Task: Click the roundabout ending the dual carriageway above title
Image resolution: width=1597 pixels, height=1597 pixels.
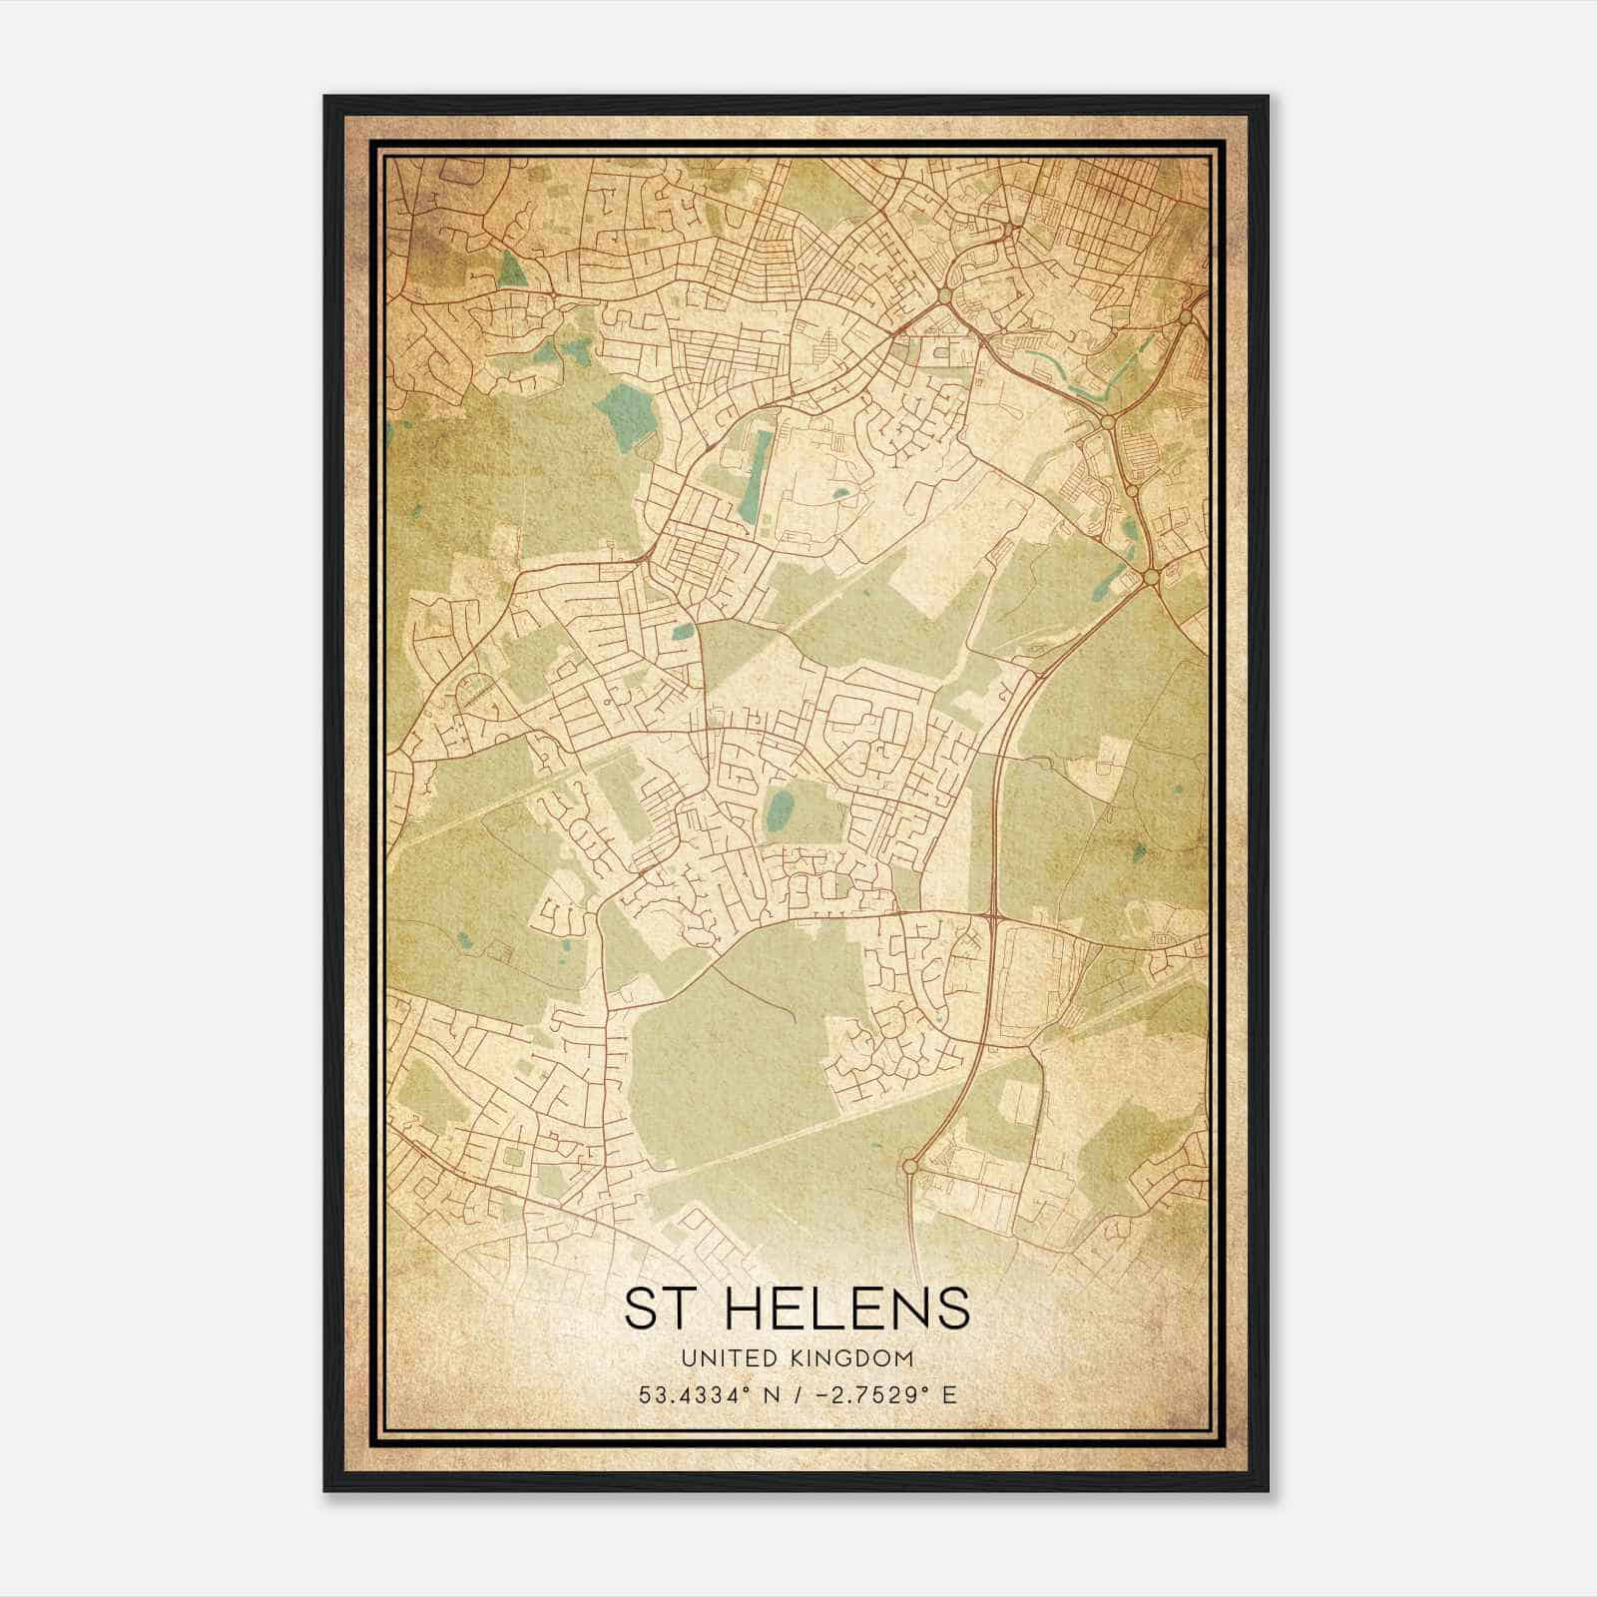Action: pyautogui.click(x=909, y=1165)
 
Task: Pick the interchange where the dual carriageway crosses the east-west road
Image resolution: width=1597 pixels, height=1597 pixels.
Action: pyautogui.click(x=994, y=913)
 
